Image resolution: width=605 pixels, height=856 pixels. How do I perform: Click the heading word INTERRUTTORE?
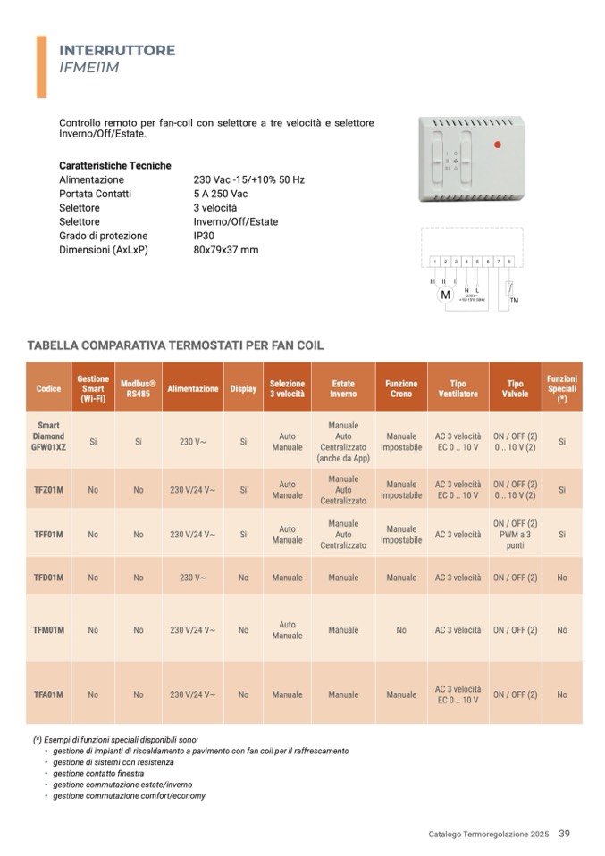[x=117, y=50]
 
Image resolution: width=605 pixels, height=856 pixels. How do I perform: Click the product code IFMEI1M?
[x=89, y=67]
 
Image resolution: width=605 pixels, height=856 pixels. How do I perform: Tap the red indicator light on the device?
[x=498, y=144]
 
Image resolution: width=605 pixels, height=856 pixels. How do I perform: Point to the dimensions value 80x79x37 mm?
[x=225, y=250]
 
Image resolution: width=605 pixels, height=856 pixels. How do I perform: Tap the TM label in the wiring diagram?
[x=514, y=300]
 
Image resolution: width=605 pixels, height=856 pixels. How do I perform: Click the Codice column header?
[x=49, y=388]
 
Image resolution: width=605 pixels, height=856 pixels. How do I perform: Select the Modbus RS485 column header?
[x=139, y=388]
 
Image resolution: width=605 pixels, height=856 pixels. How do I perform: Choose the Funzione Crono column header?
[x=401, y=388]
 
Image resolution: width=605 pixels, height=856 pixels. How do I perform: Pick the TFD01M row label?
[x=49, y=578]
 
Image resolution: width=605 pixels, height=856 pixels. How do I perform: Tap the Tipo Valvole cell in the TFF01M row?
[x=516, y=534]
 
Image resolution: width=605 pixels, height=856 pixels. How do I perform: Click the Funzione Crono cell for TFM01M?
[x=401, y=630]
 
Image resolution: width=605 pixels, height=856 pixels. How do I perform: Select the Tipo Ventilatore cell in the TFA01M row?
[x=458, y=694]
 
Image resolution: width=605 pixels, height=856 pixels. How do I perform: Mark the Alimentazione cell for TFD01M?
[x=193, y=578]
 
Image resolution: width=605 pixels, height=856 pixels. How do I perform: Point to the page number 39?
[x=564, y=834]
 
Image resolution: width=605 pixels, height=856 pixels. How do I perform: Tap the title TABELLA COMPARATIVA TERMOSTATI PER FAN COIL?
[x=175, y=345]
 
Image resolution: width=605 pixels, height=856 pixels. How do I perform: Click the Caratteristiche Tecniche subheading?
[x=114, y=165]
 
